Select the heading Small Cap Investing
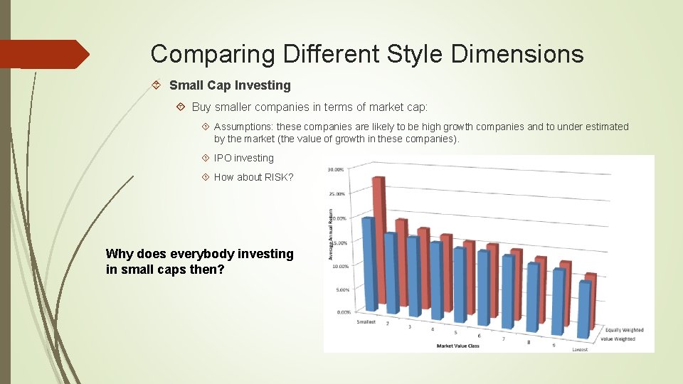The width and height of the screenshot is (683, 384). coord(230,85)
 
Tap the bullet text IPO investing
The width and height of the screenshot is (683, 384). coord(243,158)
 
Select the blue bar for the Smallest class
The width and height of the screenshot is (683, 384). coord(369,263)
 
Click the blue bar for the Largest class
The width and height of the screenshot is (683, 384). coord(585,309)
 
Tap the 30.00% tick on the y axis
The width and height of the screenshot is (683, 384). coord(336,169)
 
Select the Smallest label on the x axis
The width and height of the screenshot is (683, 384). coord(366,321)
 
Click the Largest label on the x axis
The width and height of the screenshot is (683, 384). coord(581,349)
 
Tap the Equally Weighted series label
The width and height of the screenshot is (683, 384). coord(625,330)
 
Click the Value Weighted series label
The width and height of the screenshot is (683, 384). coord(618,339)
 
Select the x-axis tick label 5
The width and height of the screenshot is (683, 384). coord(455,332)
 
